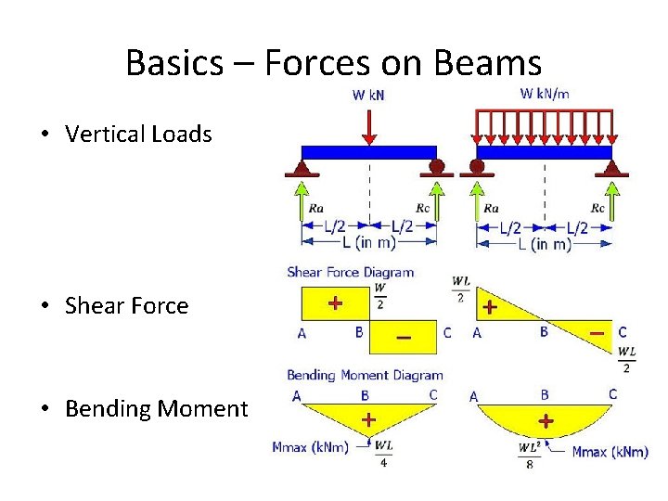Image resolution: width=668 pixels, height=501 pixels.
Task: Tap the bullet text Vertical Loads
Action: click(138, 134)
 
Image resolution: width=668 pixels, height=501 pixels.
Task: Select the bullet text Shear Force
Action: click(126, 305)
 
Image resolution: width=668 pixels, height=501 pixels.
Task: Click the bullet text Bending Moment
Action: click(156, 408)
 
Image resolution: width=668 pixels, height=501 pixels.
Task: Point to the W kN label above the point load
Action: click(370, 94)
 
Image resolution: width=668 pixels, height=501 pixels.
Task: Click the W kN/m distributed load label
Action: click(545, 93)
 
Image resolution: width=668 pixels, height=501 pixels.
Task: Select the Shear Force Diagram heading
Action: click(350, 272)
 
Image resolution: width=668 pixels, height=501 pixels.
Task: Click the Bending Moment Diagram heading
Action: click(365, 375)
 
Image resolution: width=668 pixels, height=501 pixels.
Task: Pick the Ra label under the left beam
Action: click(316, 209)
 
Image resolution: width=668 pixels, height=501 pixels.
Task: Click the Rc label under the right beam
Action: click(597, 209)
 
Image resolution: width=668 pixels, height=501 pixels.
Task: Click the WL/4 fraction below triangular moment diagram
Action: click(383, 455)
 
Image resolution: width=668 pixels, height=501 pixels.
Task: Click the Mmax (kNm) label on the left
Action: click(310, 448)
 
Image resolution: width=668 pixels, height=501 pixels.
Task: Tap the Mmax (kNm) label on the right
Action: click(610, 452)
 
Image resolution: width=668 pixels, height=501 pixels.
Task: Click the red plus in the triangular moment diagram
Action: click(368, 419)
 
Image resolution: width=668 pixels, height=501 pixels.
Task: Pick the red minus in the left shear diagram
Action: click(404, 338)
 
